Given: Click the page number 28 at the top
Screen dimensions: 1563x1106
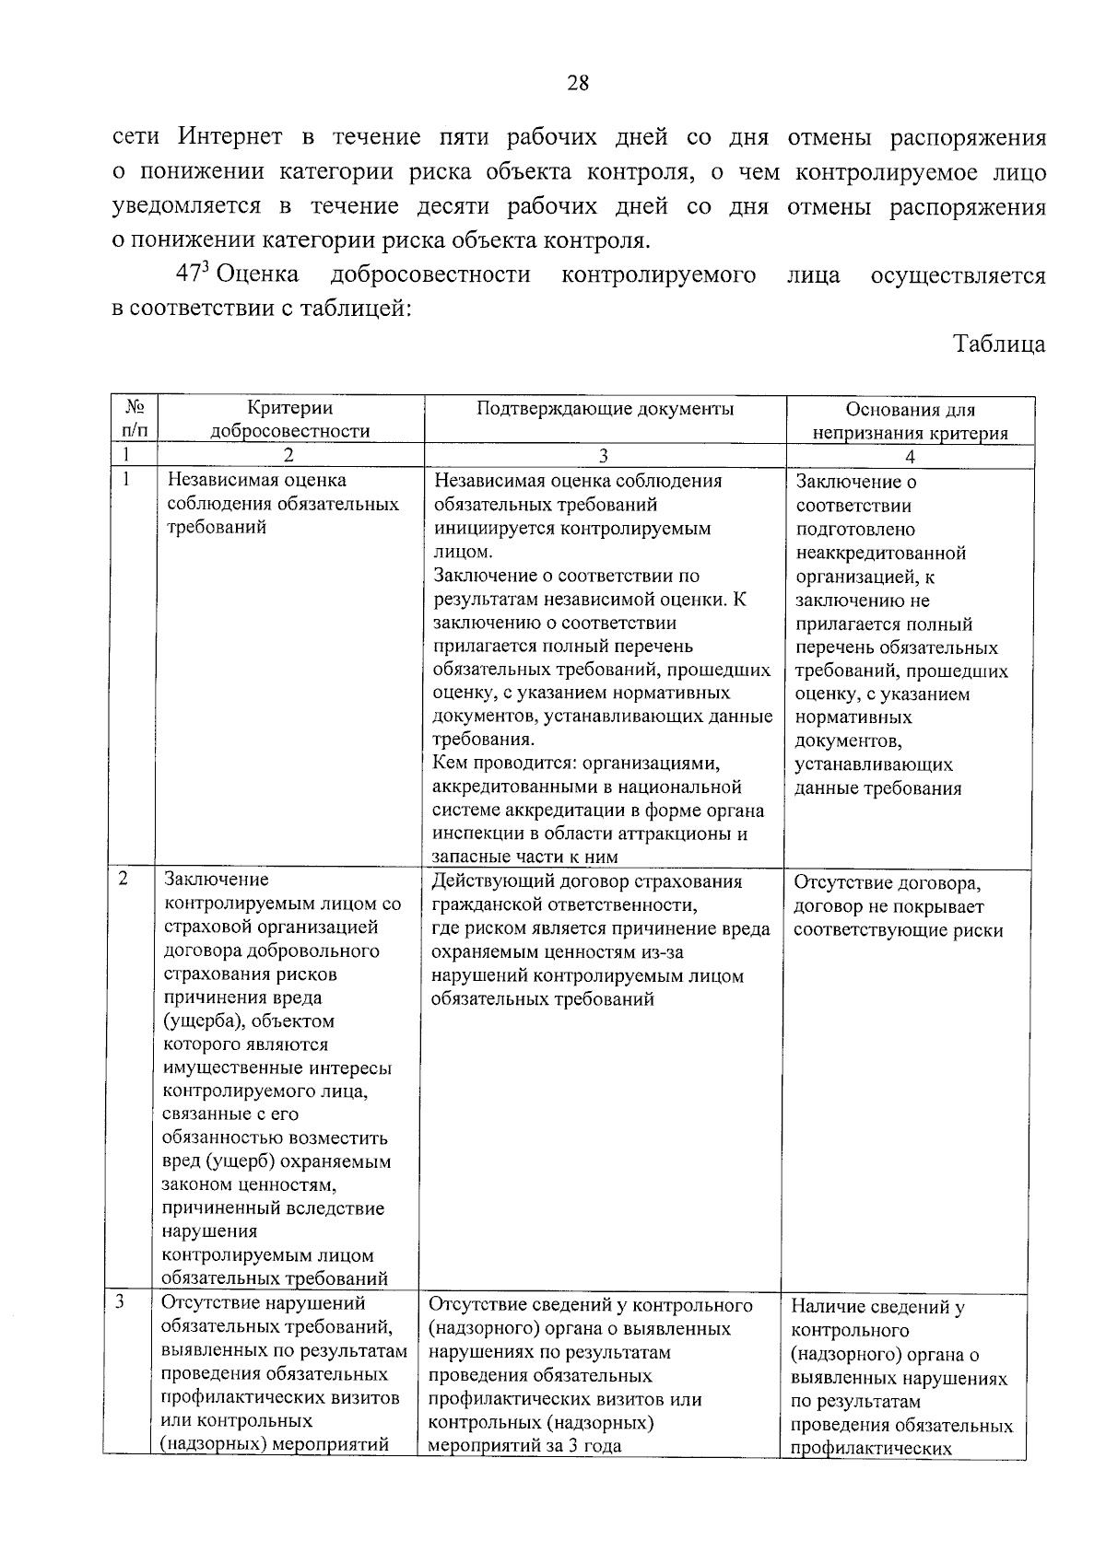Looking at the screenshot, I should (x=578, y=84).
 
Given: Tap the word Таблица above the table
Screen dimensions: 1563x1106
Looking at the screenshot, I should (x=999, y=344).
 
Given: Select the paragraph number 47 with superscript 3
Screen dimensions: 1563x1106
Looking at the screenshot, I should (x=193, y=274).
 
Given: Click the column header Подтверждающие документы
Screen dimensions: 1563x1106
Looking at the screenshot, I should (x=605, y=409).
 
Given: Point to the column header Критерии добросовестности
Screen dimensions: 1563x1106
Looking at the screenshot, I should (x=289, y=419).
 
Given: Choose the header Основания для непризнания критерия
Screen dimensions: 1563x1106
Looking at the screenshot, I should (x=910, y=421).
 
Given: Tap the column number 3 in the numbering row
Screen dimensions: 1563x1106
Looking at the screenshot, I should (x=604, y=455).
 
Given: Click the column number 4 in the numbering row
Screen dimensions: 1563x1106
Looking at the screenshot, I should (x=910, y=456).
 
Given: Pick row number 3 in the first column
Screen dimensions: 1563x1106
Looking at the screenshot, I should (x=121, y=1301).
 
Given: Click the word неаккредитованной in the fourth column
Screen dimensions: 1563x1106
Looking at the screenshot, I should (x=880, y=554).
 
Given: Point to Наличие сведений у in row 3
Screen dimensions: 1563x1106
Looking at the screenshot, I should (x=877, y=1306).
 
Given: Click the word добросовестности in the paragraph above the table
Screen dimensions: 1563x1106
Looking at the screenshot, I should (x=430, y=274).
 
